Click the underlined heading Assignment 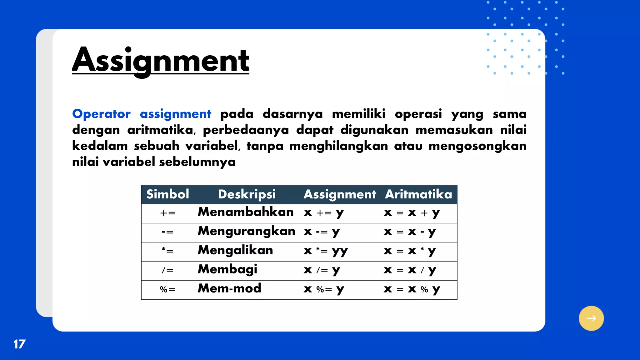pyautogui.click(x=161, y=60)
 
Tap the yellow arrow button pyautogui.click(x=591, y=318)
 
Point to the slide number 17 pyautogui.click(x=19, y=344)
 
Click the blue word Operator pyautogui.click(x=101, y=114)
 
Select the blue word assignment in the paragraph pyautogui.click(x=175, y=114)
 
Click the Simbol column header pyautogui.click(x=168, y=194)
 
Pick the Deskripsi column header pyautogui.click(x=247, y=194)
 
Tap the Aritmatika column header pyautogui.click(x=418, y=194)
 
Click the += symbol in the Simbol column pyautogui.click(x=168, y=213)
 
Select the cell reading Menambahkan pyautogui.click(x=246, y=212)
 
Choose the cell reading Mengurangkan pyautogui.click(x=246, y=231)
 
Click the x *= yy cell pyautogui.click(x=325, y=251)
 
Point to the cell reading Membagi pyautogui.click(x=227, y=269)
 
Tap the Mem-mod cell pyautogui.click(x=229, y=288)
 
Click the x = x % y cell pyautogui.click(x=412, y=289)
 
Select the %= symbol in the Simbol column pyautogui.click(x=168, y=289)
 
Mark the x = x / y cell pyautogui.click(x=410, y=270)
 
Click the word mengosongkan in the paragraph pyautogui.click(x=477, y=146)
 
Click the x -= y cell pyautogui.click(x=322, y=232)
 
